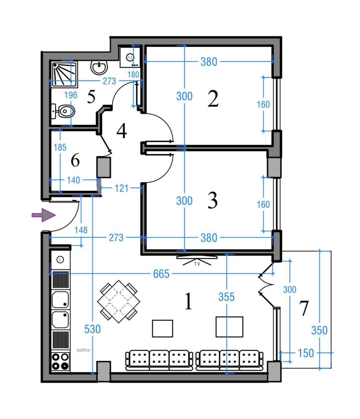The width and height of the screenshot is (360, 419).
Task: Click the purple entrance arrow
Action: pyautogui.click(x=43, y=215)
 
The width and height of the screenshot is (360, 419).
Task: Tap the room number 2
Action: pyautogui.click(x=213, y=99)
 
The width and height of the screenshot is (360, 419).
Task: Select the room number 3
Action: pyautogui.click(x=213, y=200)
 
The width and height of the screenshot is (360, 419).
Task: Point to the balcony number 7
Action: pyautogui.click(x=304, y=308)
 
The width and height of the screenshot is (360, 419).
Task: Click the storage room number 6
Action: pyautogui.click(x=75, y=160)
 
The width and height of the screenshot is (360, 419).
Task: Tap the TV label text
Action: pyautogui.click(x=197, y=264)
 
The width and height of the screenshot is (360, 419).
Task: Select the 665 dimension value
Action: pyautogui.click(x=161, y=274)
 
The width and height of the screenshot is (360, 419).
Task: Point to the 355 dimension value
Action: pyautogui.click(x=227, y=297)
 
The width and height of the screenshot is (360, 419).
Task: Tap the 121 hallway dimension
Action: pyautogui.click(x=121, y=188)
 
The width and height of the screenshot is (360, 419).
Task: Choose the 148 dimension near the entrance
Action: pyautogui.click(x=81, y=230)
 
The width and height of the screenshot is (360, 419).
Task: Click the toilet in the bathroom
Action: pyautogui.click(x=63, y=111)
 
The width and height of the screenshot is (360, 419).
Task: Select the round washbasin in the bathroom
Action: pyautogui.click(x=99, y=67)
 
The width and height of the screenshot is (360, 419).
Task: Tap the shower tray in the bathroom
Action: pyautogui.click(x=64, y=74)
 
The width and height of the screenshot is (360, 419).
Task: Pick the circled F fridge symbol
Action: pyautogui.click(x=60, y=260)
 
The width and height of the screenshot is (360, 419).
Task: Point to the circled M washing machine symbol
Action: pyautogui.click(x=130, y=57)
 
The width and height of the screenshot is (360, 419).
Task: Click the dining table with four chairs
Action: pyautogui.click(x=118, y=301)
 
